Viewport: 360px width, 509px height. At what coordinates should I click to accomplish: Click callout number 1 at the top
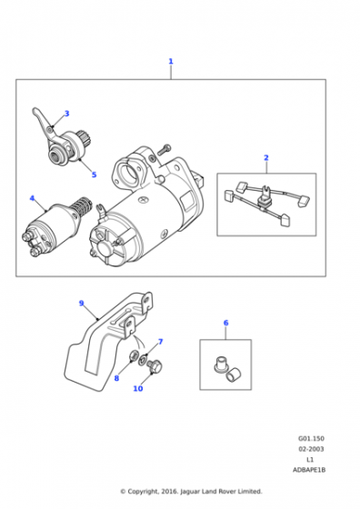[171, 61]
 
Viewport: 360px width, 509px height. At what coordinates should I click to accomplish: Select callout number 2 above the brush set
[266, 157]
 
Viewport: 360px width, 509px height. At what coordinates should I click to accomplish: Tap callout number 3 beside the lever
[66, 114]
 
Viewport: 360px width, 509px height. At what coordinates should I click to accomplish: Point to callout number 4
[32, 198]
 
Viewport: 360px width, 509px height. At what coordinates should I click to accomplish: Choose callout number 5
[94, 175]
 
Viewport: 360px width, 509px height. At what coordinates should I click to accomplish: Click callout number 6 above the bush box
[226, 323]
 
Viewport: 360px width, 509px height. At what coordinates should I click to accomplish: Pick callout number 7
[160, 342]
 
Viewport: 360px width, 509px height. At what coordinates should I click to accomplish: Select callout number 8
[116, 378]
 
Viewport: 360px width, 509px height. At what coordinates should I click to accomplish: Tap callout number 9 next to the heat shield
[81, 304]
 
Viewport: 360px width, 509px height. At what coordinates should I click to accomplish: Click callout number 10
[138, 388]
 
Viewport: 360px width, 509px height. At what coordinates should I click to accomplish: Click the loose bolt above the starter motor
[165, 149]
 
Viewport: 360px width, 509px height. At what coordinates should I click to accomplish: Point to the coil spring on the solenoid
[81, 208]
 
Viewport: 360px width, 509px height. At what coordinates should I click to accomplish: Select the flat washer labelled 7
[143, 360]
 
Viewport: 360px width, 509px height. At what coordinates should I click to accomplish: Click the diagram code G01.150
[311, 438]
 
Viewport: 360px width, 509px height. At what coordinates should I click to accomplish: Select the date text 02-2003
[311, 449]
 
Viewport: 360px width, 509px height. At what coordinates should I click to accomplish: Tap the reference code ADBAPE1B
[309, 470]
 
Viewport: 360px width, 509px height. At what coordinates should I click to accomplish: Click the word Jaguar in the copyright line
[191, 491]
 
